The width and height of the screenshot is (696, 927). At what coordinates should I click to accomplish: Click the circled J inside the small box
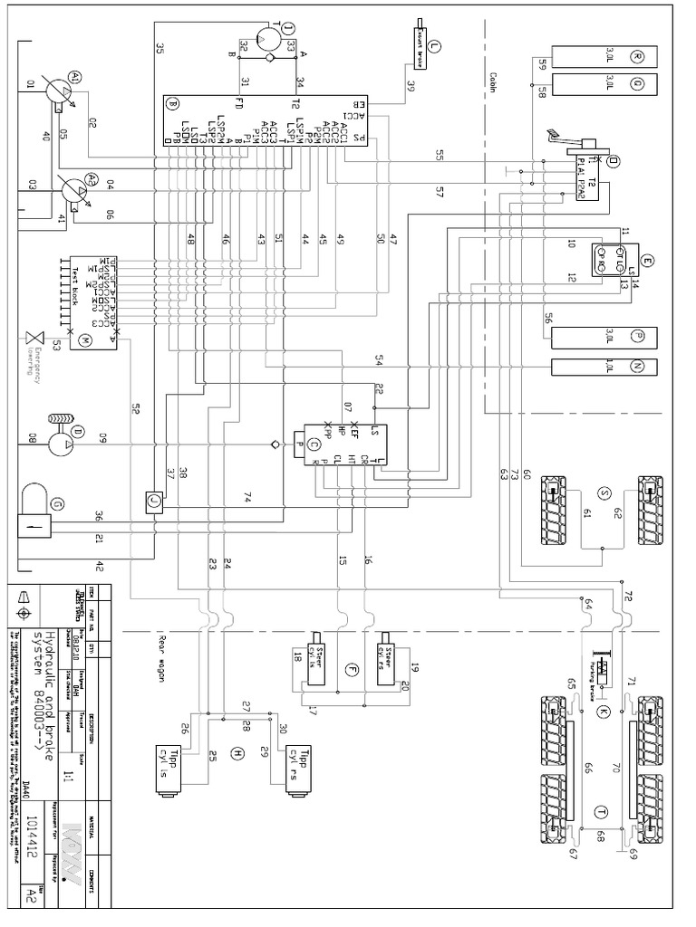(152, 497)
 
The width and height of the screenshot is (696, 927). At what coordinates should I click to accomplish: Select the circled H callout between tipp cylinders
(237, 753)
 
